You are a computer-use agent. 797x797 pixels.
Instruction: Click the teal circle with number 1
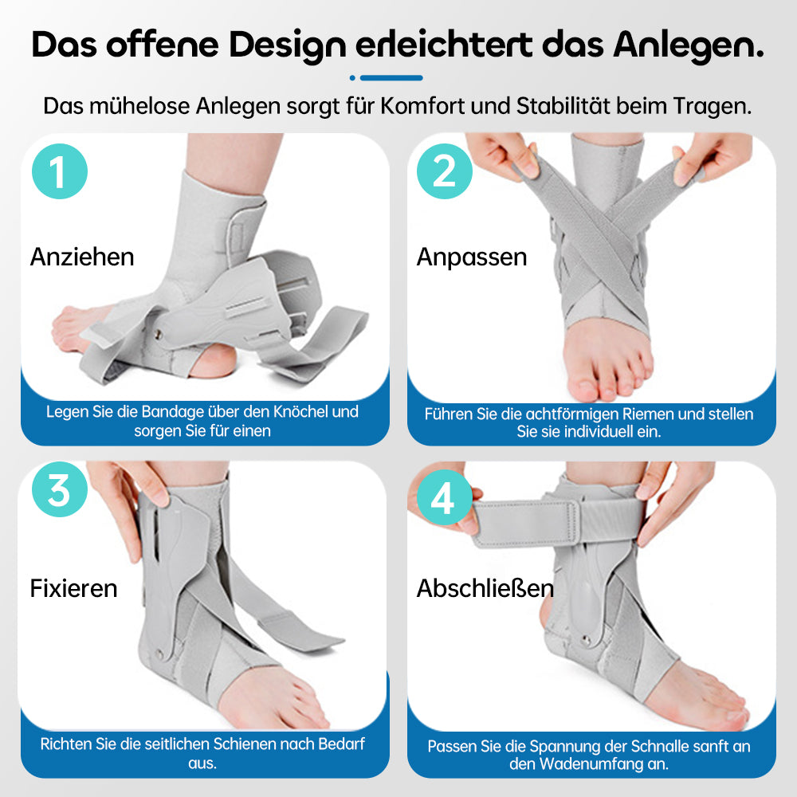(x=60, y=171)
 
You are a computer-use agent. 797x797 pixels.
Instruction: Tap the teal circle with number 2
(x=445, y=171)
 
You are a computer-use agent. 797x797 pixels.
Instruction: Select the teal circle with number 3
(x=60, y=489)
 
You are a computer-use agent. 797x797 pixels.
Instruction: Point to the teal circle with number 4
(x=445, y=497)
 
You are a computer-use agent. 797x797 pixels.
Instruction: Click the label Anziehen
(x=82, y=257)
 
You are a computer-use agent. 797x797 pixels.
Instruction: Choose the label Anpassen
(x=472, y=257)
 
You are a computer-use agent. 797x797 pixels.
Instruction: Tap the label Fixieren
(x=73, y=589)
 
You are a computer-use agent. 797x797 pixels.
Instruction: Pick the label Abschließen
(x=485, y=589)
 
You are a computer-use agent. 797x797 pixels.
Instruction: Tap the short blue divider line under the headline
(x=391, y=78)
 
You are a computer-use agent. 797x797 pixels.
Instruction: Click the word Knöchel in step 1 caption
(x=300, y=411)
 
